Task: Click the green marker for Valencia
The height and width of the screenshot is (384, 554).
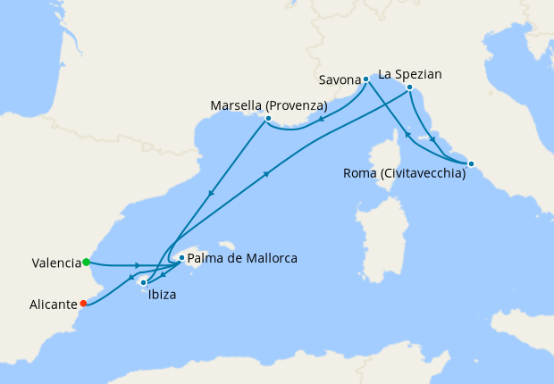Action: [x=86, y=263]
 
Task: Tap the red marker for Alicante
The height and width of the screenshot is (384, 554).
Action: [x=83, y=303]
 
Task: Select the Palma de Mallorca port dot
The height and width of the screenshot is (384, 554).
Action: [x=181, y=258]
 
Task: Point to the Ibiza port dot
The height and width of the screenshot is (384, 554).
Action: [x=143, y=282]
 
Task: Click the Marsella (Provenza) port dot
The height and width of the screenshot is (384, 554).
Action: [x=268, y=118]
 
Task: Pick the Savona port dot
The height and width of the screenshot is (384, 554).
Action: [x=365, y=79]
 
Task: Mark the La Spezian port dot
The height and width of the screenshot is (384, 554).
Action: [x=408, y=88]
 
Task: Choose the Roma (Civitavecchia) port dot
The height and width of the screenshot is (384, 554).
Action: [x=471, y=163]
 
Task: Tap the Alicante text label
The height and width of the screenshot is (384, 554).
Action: [x=54, y=305]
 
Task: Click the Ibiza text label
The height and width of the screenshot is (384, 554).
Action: [x=162, y=296]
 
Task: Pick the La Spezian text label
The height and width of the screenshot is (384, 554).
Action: [x=410, y=74]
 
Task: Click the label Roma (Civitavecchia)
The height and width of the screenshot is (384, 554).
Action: [x=404, y=174]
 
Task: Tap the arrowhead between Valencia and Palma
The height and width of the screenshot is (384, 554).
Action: [x=137, y=265]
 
